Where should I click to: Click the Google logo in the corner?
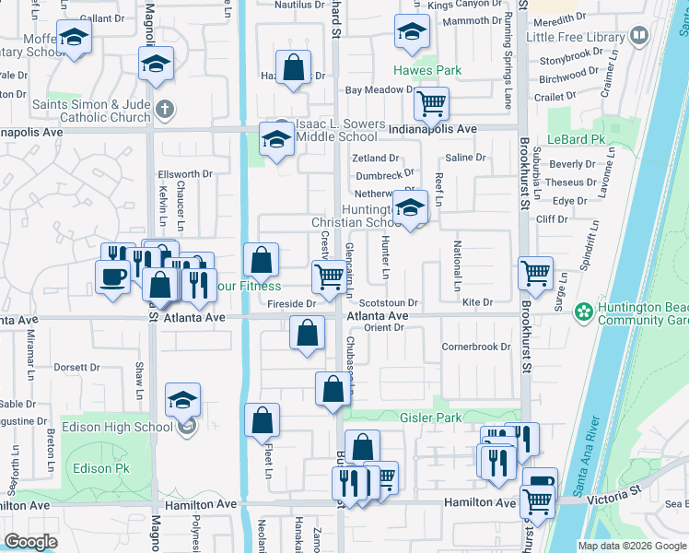pos(30,542)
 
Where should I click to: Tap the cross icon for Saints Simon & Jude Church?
pos(165,111)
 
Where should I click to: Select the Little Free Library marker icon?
pos(638,37)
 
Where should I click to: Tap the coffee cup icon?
pos(114,276)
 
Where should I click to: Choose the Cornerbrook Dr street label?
pos(475,347)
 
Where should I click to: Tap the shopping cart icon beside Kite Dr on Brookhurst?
pos(536,273)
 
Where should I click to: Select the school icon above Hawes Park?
pos(412,31)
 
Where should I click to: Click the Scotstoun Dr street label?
pos(389,302)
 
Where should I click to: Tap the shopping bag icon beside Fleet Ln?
pos(263,419)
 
